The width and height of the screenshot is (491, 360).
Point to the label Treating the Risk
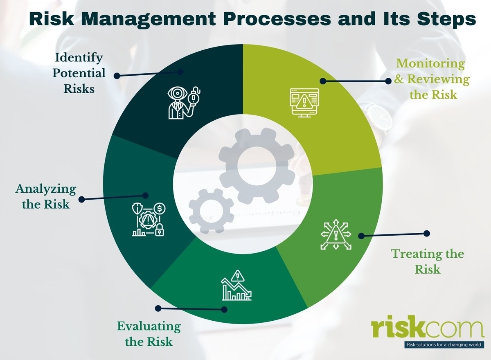pyautogui.click(x=428, y=261)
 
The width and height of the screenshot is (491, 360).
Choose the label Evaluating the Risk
pyautogui.click(x=149, y=333)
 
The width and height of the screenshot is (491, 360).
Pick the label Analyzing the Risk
pyautogui.click(x=46, y=196)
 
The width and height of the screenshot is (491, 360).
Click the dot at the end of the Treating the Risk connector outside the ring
pyautogui.click(x=427, y=233)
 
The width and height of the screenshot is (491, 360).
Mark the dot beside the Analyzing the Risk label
pyautogui.click(x=81, y=199)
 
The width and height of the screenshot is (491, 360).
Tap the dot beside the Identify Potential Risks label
pyautogui.click(x=117, y=76)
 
